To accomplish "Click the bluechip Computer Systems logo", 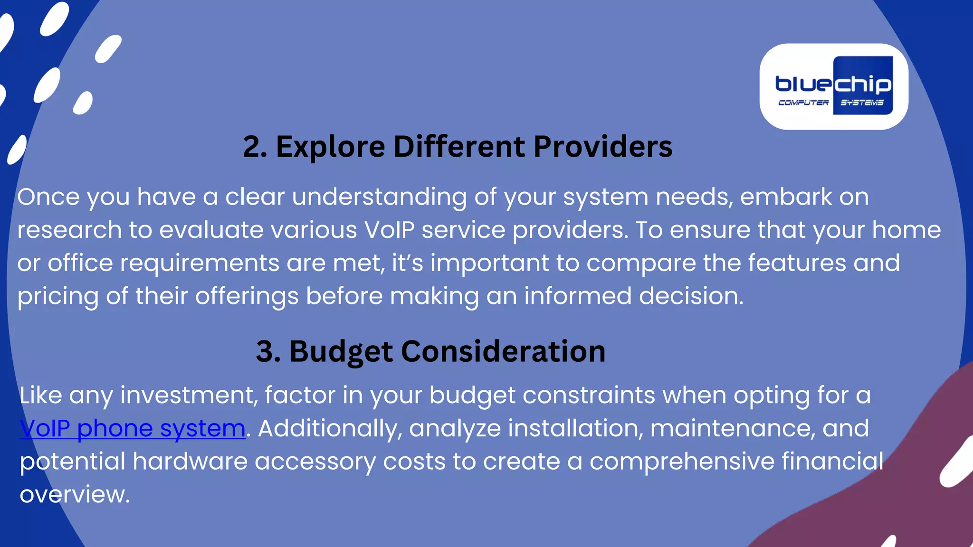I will click(834, 86).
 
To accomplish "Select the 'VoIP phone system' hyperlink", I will click(133, 428).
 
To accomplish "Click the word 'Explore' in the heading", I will click(330, 147).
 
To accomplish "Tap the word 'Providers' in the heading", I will click(602, 147).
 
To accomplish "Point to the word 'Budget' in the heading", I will click(341, 352).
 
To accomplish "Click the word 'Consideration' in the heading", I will click(503, 351).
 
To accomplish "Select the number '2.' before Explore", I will click(255, 147).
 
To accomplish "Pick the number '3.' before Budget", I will click(268, 352).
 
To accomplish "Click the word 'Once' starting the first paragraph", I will click(48, 197).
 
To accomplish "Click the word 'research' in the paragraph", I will click(69, 230).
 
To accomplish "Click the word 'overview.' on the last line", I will click(75, 495).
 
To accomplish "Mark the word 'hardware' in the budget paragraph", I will click(190, 461).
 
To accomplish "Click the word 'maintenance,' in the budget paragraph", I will click(732, 428).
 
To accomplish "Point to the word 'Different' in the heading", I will click(459, 147).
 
